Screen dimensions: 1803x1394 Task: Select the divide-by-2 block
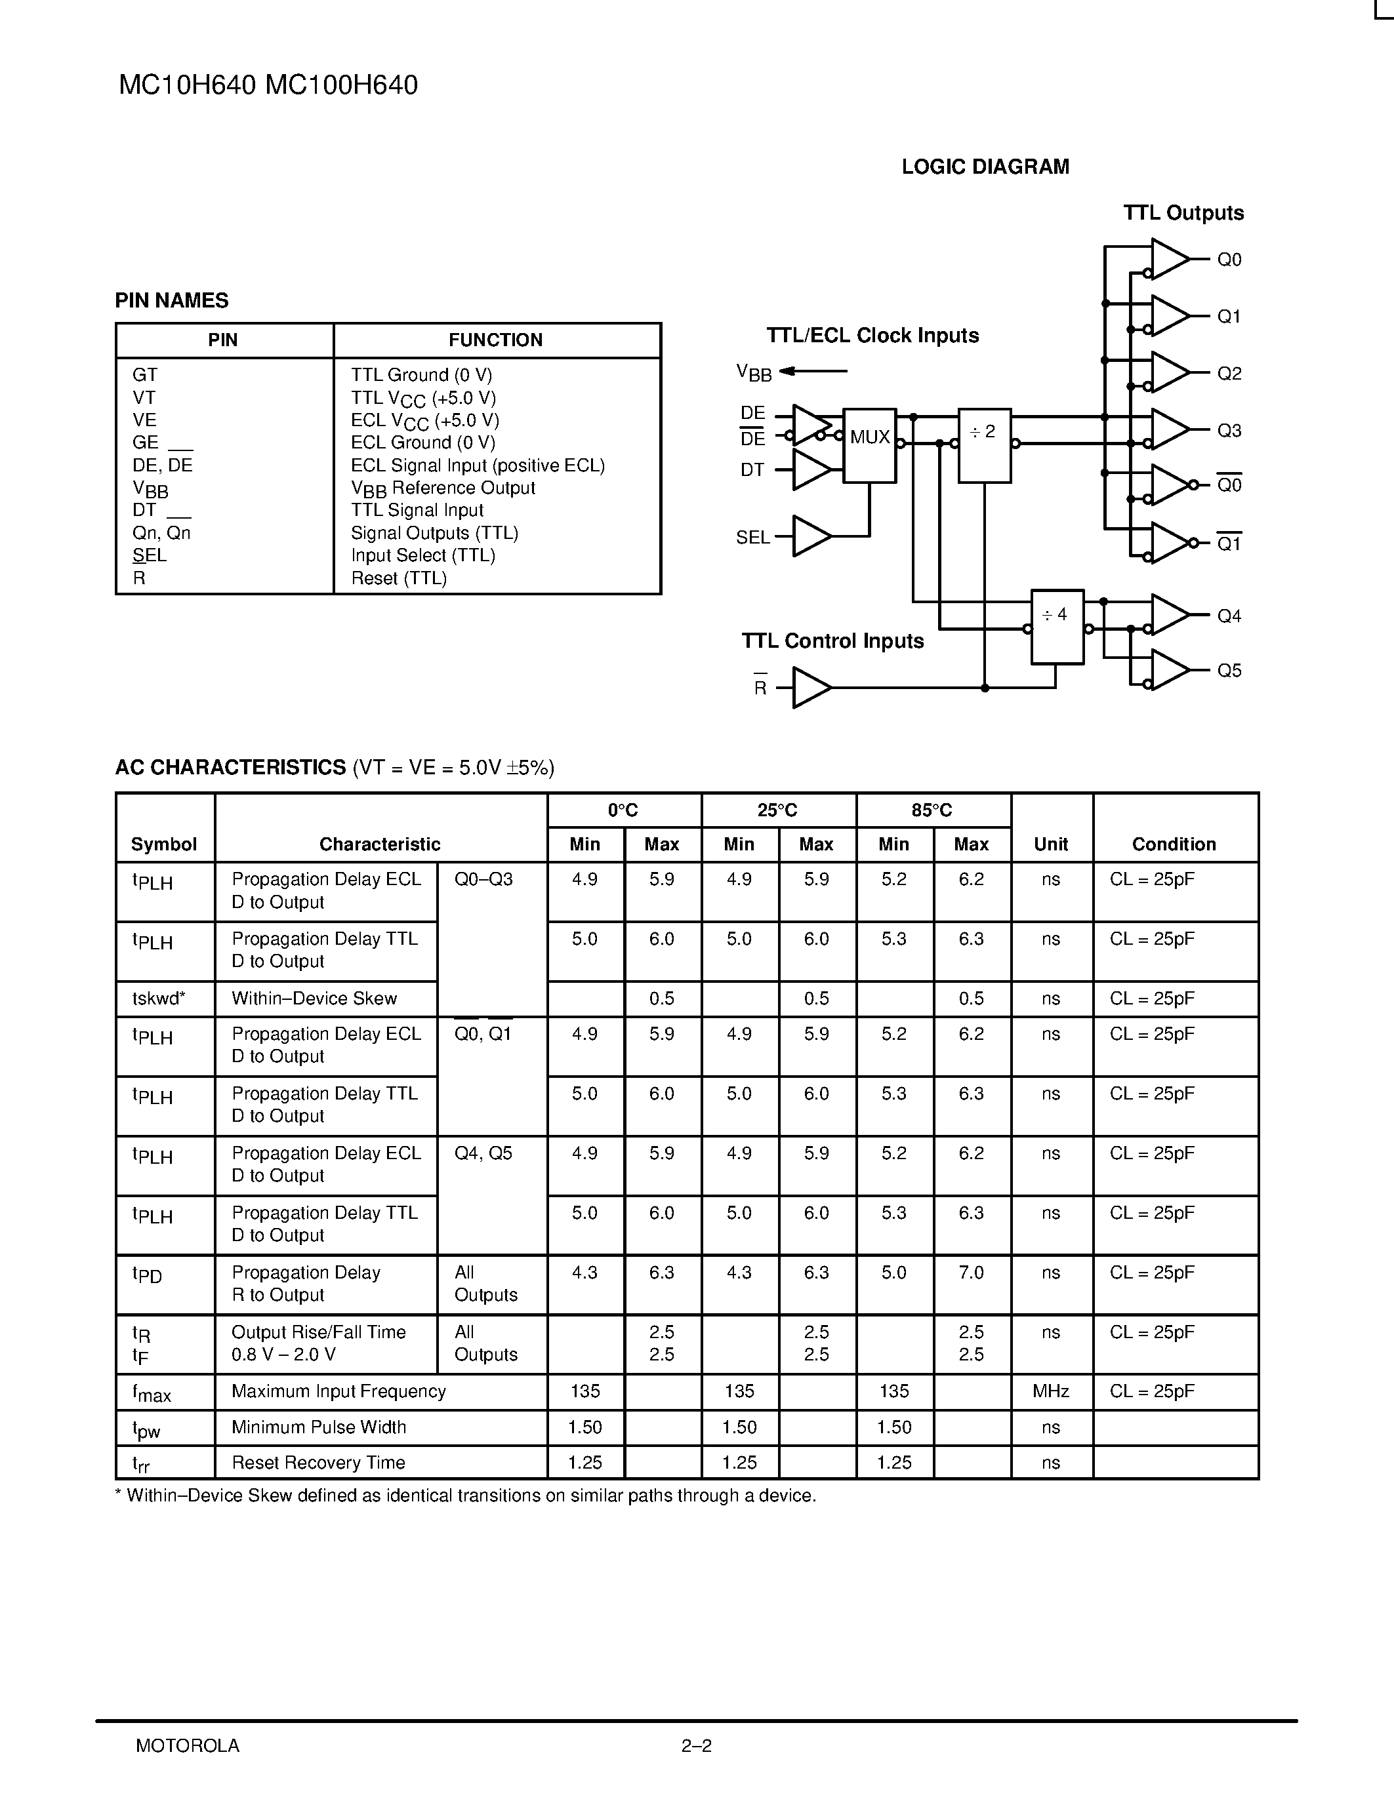pos(983,445)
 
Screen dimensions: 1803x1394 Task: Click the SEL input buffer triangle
pos(810,536)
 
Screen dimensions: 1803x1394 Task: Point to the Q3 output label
pos(1229,430)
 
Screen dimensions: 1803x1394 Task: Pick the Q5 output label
pos(1229,670)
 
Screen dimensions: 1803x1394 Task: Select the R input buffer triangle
pos(810,688)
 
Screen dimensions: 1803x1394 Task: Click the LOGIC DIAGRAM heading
pos(985,167)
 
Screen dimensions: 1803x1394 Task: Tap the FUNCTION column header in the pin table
pos(495,340)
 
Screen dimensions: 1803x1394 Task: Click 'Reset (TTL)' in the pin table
pos(399,578)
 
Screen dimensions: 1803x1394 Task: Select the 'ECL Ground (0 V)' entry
pos(423,443)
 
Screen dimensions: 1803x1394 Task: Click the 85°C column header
pos(932,810)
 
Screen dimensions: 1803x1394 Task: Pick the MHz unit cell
pos(1050,1391)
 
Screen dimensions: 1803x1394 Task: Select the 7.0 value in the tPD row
pos(971,1272)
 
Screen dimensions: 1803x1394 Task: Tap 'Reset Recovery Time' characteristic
pos(318,1462)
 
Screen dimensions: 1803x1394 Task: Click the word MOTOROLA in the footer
pos(188,1746)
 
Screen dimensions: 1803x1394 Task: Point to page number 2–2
pos(696,1746)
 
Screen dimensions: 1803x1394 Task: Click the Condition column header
pos(1174,844)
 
